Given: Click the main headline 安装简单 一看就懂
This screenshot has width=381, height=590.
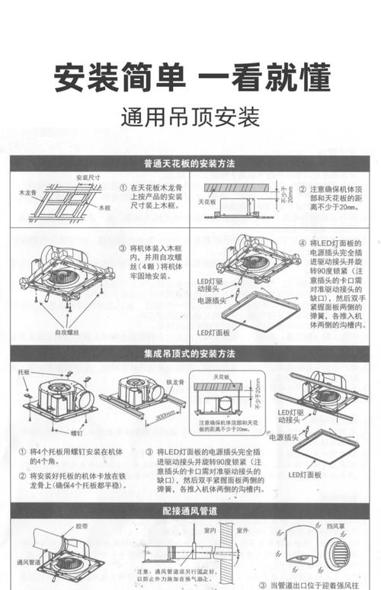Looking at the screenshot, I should (190, 79).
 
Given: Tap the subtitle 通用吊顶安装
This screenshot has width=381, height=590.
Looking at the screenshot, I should (190, 118).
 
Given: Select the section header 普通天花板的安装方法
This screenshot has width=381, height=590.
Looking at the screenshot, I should (190, 164).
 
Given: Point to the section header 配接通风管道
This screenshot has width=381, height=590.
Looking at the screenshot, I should (190, 510).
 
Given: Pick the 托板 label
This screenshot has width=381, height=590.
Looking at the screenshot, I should (26, 373).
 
